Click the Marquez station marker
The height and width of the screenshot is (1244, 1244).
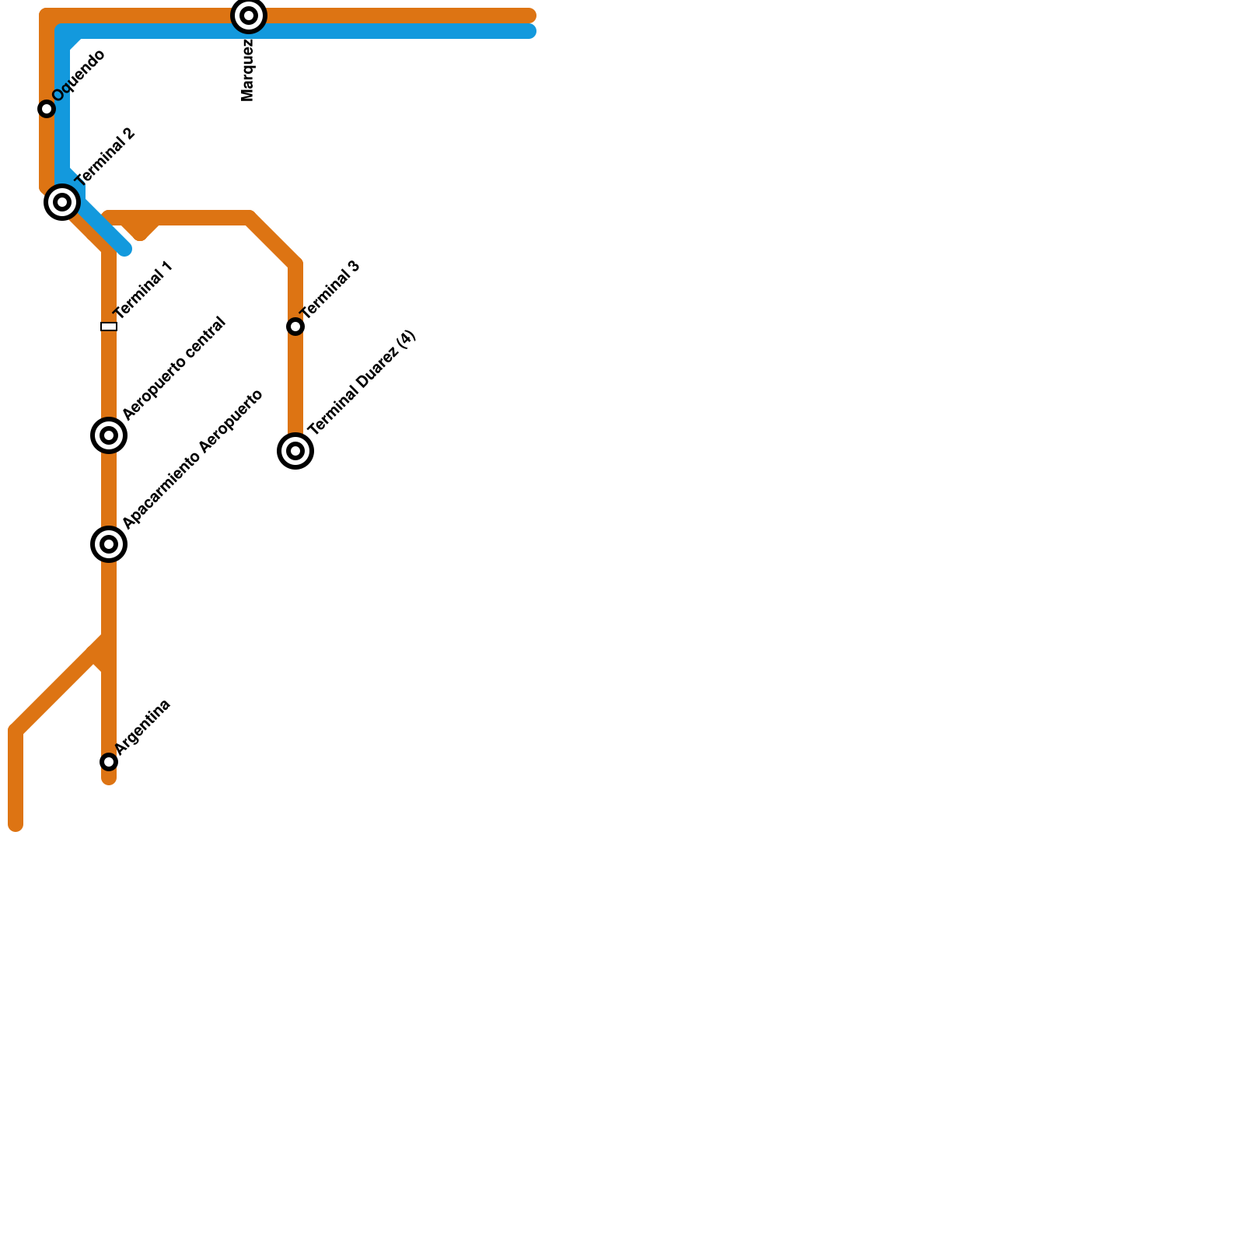pos(249,16)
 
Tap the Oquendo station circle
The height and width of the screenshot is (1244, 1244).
pos(47,109)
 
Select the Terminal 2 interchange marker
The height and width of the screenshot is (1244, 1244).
pos(62,202)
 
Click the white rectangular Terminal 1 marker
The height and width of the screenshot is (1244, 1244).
pos(109,327)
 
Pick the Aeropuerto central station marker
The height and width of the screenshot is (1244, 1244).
pos(109,435)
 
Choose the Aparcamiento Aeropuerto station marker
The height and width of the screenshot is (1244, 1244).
pos(109,544)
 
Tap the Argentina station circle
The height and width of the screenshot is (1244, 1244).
pos(109,762)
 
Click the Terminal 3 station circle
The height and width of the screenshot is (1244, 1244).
pos(295,327)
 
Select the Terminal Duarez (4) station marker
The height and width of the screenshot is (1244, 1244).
pos(295,451)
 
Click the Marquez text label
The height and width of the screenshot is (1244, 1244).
pos(248,70)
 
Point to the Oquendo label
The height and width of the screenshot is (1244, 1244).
pos(79,75)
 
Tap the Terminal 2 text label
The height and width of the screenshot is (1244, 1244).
pos(106,156)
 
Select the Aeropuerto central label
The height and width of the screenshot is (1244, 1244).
pos(174,369)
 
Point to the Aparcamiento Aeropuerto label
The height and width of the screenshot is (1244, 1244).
pos(193,460)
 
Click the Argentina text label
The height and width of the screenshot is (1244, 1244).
pos(143,727)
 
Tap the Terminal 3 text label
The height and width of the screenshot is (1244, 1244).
pos(330,290)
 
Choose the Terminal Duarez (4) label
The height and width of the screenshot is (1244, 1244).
pos(362,382)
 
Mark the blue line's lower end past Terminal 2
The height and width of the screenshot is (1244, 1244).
pos(124,249)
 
